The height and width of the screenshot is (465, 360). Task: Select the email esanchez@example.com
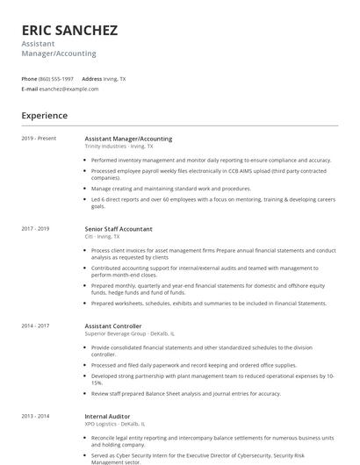pos(69,89)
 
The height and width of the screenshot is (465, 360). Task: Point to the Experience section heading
pos(45,115)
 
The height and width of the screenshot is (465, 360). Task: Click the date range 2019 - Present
pos(39,139)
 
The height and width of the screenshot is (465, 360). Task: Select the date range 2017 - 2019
pos(36,229)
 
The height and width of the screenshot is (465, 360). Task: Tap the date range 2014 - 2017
pos(36,325)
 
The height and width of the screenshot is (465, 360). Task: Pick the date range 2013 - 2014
pos(36,416)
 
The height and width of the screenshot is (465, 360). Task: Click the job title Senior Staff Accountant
pos(119,229)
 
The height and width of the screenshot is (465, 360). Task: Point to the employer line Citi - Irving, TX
pos(103,237)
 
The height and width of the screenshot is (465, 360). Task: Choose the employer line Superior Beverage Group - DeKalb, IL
pos(129,333)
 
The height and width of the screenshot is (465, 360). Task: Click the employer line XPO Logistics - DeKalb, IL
pos(117,424)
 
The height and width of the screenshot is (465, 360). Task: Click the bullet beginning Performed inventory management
pos(211,161)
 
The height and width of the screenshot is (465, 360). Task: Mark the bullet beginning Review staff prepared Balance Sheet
pos(185,393)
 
